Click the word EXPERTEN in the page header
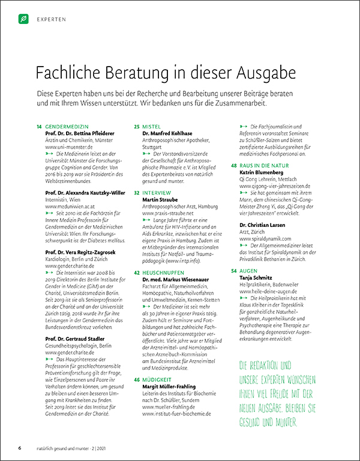(51, 20)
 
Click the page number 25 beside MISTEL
(137, 127)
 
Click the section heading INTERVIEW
(157, 192)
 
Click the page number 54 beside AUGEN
(234, 271)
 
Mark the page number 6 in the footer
(20, 448)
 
